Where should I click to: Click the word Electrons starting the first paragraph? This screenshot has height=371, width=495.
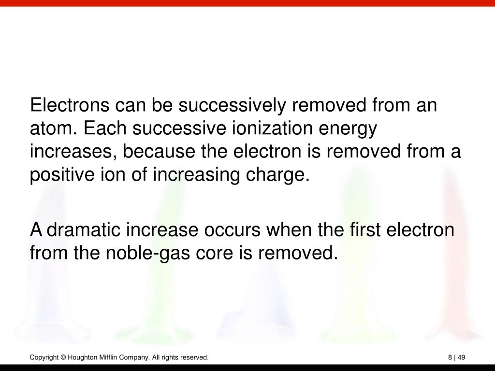pos(70,105)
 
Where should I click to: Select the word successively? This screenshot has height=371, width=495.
pos(232,106)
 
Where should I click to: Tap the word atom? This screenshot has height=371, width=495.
pos(53,128)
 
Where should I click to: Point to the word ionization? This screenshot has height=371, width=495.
pos(273,128)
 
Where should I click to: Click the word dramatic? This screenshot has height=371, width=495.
pos(84,229)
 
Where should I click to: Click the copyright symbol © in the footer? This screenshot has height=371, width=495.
pos(63,357)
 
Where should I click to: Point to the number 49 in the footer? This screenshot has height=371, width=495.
pos(461,357)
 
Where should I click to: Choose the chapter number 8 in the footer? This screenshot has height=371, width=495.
pos(450,357)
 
